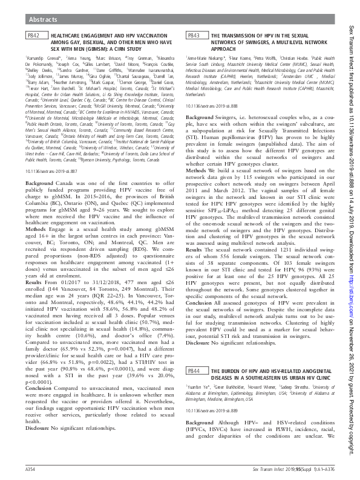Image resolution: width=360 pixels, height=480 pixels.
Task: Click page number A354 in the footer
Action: click(32, 469)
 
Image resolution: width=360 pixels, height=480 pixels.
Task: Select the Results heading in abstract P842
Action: click(35, 268)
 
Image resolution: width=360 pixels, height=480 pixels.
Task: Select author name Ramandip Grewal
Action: click(43, 56)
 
